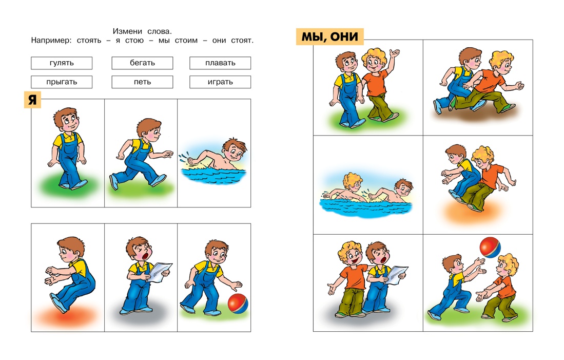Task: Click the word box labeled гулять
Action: pos(62,63)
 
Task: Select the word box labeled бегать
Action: pos(143,63)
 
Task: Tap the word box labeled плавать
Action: pos(220,63)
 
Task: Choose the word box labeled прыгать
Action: pos(62,82)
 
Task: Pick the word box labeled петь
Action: pos(143,82)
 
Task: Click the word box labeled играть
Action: pos(220,82)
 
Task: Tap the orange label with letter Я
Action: pos(32,100)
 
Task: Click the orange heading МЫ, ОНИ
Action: pos(330,36)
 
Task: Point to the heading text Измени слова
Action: pos(143,31)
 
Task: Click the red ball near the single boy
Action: pos(238,304)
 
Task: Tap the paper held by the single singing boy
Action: pos(160,272)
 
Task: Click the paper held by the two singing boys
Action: pos(396,275)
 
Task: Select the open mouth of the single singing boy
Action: pos(146,256)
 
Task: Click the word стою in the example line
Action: pos(134,41)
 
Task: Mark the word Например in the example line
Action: pos(51,41)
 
